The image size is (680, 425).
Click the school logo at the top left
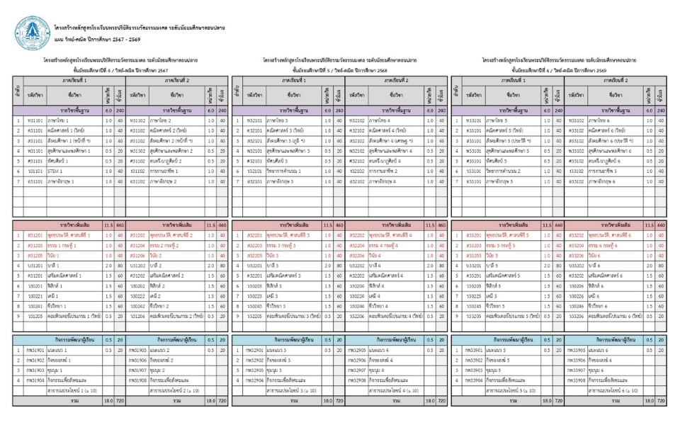click(x=30, y=31)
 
